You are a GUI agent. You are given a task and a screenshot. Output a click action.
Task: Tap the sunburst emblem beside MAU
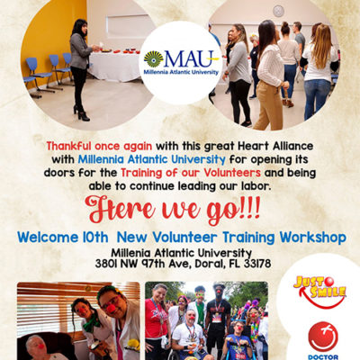coord(153,59)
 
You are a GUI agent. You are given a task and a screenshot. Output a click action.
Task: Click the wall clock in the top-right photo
coord(278,11)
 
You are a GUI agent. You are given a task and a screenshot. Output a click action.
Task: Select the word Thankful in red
coord(68,147)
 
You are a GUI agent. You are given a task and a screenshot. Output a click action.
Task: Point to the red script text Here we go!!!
coord(173,209)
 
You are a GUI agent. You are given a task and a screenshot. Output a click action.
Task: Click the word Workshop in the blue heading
coord(313,238)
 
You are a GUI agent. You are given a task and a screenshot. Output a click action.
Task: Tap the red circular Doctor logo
coord(323,336)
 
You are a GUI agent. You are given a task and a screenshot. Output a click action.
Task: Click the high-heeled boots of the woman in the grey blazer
coord(81,113)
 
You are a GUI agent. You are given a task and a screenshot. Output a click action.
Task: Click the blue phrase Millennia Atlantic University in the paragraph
coord(151,159)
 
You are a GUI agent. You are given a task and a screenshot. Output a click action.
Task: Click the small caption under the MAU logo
coord(181,72)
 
